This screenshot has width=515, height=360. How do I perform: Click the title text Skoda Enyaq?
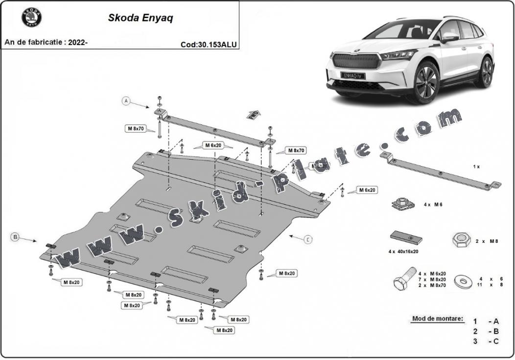tap(140, 19)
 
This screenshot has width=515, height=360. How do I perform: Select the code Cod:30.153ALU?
tap(209, 44)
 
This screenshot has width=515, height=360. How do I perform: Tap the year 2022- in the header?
tap(78, 42)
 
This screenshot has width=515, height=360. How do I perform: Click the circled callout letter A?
tap(126, 101)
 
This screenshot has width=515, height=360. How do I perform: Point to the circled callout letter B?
tap(15, 237)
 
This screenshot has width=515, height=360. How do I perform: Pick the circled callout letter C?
tap(307, 239)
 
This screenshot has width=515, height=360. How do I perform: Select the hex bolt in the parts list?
tap(403, 282)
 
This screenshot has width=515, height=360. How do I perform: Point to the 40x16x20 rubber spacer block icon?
tap(406, 238)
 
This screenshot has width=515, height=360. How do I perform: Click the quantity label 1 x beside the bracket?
tap(476, 167)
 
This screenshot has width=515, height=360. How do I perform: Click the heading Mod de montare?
tap(437, 319)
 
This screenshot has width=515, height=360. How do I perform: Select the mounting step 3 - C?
tap(486, 341)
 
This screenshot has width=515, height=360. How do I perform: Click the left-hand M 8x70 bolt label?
tap(136, 129)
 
